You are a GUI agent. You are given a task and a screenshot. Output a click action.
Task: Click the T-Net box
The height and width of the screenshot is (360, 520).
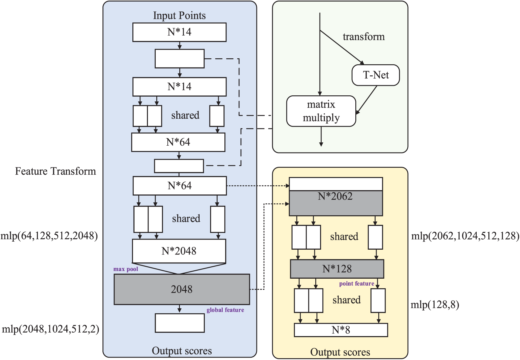click(x=376, y=75)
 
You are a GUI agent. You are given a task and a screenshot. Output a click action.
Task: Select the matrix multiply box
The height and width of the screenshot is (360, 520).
click(x=321, y=111)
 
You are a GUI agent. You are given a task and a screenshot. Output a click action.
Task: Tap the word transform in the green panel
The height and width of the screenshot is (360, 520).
click(x=364, y=36)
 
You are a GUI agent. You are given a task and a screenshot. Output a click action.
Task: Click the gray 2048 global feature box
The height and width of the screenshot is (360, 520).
click(x=182, y=289)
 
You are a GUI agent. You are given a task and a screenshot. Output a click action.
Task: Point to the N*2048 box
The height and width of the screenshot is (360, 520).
click(x=179, y=251)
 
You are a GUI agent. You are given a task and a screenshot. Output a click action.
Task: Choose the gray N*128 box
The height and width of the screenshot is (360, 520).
click(x=337, y=269)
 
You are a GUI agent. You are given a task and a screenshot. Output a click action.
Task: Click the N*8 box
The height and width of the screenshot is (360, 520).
click(x=341, y=330)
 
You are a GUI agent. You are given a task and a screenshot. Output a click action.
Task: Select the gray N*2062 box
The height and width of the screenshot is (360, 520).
click(x=336, y=203)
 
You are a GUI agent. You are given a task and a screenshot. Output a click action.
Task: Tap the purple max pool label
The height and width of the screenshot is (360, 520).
click(x=126, y=269)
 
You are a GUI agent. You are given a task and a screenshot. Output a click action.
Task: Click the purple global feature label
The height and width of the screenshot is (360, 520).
click(x=225, y=310)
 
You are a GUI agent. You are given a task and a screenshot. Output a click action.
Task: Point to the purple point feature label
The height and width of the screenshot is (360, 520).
click(x=357, y=283)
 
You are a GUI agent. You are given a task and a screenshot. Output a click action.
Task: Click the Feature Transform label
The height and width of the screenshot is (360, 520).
click(x=56, y=171)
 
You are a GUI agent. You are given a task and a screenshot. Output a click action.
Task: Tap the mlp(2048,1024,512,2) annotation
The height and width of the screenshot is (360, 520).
click(x=51, y=329)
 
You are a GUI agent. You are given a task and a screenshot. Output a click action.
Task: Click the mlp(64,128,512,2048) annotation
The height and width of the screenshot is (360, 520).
click(x=49, y=236)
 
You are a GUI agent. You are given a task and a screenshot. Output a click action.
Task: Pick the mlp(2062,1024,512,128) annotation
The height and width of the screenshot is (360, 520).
click(x=465, y=236)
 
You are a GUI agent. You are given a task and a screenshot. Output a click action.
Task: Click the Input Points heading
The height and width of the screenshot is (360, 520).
click(x=179, y=16)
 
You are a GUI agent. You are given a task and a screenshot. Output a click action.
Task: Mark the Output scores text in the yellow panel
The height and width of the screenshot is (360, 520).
click(x=340, y=352)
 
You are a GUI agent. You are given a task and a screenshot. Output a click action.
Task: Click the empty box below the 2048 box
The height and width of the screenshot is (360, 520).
click(x=180, y=323)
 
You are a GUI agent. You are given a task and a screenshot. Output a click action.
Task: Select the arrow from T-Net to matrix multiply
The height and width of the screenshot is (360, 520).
click(x=366, y=100)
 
